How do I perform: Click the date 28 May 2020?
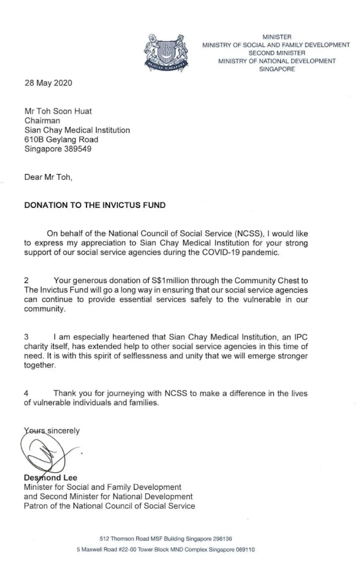tap(48, 82)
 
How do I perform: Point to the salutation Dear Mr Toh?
tap(49, 177)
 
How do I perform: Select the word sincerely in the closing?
tap(63, 430)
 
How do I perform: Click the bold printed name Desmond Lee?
tap(50, 478)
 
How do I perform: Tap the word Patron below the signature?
tap(36, 506)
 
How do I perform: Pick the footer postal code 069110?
tap(242, 549)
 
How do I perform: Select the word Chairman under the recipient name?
tap(41, 120)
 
